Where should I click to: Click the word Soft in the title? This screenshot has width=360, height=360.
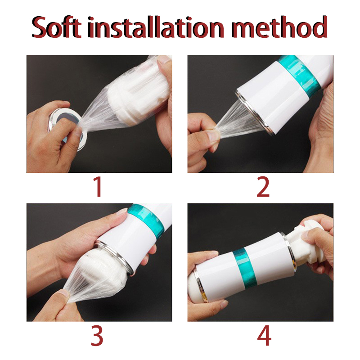(57, 27)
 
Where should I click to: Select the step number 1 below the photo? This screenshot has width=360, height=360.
(98, 187)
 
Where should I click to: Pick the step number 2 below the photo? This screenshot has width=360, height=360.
(263, 187)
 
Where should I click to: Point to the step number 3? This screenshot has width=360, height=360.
(97, 336)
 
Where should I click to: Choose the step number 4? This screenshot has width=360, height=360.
(264, 336)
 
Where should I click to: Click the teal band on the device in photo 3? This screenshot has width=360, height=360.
(147, 219)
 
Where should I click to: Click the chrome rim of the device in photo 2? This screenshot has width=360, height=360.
(254, 114)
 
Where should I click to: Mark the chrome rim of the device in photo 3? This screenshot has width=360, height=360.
(115, 256)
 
